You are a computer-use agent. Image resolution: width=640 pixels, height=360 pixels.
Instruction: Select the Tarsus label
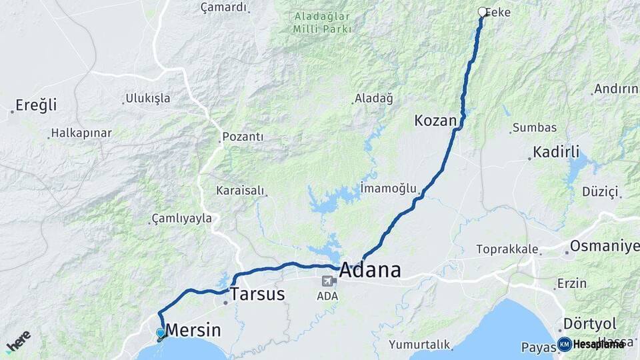(257, 294)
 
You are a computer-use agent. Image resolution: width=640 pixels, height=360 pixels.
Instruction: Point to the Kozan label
(435, 121)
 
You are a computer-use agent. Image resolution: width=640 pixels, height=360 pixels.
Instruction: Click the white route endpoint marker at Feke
(482, 11)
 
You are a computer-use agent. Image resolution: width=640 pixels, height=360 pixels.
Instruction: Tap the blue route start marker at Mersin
(160, 333)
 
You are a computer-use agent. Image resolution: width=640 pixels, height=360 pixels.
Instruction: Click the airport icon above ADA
(328, 281)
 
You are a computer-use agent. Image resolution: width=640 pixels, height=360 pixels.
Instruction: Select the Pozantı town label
(243, 137)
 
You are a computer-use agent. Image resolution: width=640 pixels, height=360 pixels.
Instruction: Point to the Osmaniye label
(604, 246)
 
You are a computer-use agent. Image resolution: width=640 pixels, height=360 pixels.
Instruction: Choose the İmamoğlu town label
(388, 187)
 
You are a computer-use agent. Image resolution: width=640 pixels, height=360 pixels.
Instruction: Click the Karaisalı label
(241, 191)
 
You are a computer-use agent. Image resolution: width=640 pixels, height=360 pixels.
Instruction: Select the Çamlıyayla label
(182, 218)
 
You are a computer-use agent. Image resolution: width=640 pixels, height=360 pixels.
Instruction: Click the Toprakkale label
(507, 249)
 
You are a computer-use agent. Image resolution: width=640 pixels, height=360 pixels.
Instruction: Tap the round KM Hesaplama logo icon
(564, 344)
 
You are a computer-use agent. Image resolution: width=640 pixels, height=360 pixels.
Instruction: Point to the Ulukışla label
(148, 99)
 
